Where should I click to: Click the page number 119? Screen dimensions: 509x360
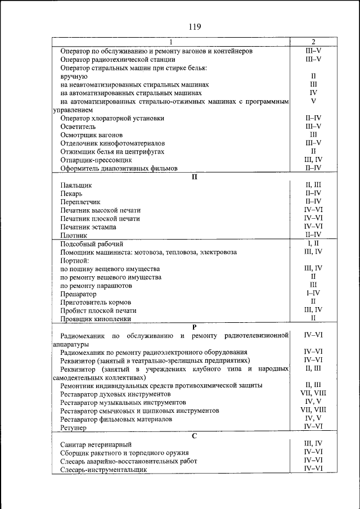195,26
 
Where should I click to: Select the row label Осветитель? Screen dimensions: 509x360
78,127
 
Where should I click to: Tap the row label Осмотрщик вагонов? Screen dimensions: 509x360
91,135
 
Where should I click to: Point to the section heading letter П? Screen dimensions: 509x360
195,176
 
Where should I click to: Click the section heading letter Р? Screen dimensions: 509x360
195,327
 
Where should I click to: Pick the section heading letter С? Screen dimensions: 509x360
195,435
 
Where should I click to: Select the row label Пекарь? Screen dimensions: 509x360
72,193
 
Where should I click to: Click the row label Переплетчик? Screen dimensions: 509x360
80,201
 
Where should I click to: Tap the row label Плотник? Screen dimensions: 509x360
74,235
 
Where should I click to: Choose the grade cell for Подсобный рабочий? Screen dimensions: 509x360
313,244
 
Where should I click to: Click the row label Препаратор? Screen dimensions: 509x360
78,294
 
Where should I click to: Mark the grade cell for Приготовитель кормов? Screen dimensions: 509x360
313,301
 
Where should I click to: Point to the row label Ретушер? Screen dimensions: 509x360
73,428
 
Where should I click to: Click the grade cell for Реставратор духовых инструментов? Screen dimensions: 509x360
313,394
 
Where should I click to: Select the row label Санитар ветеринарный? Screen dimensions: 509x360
96,444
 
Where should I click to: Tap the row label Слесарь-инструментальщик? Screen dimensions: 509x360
100,469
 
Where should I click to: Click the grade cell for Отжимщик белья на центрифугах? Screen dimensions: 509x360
313,151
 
